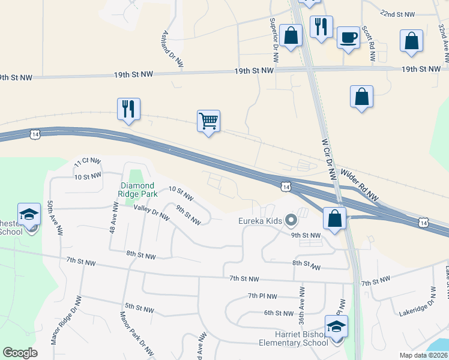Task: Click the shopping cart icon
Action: [208, 121]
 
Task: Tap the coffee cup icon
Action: [348, 38]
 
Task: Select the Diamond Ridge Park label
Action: [138, 190]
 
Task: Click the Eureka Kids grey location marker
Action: [291, 221]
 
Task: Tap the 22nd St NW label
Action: [398, 14]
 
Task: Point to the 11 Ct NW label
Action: [88, 163]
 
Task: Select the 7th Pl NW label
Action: [262, 296]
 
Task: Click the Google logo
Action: [20, 353]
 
